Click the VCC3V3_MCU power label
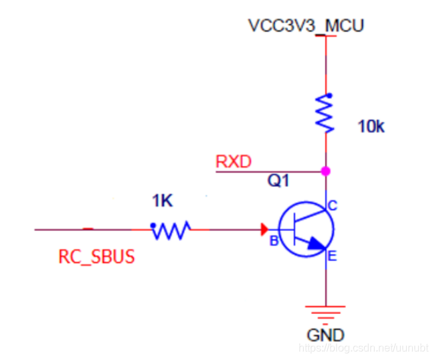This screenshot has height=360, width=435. point(306,26)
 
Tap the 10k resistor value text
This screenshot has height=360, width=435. point(371,126)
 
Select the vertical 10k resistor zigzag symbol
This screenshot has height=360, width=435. point(325,114)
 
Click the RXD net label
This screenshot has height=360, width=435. point(234,161)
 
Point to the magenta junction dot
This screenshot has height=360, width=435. point(326,171)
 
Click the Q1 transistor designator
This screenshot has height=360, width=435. point(278,181)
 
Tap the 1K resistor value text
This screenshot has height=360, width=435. point(163,201)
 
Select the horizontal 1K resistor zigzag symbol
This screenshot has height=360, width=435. point(171,230)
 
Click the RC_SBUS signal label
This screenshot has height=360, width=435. point(96,256)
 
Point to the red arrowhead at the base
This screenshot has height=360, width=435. point(264,230)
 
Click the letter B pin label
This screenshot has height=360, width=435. point(274,241)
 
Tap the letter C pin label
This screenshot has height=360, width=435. point(333,206)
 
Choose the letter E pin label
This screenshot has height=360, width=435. point(332,256)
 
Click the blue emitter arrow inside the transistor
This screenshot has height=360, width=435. point(317,244)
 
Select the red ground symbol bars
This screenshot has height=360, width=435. point(325,314)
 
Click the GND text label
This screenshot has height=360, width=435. point(325,335)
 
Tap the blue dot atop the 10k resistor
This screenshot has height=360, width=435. point(329,96)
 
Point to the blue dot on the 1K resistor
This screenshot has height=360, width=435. point(153,226)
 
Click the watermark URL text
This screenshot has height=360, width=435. point(363,348)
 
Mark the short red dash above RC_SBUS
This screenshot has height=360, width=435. point(88,229)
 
